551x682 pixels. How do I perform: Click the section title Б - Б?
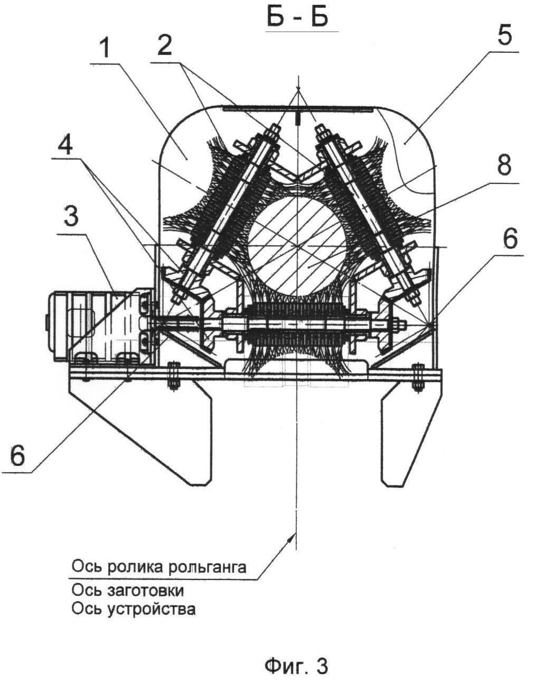298,17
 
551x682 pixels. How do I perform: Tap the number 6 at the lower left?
17,455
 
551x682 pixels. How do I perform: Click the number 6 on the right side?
509,239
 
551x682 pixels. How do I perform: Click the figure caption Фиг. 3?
296,666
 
